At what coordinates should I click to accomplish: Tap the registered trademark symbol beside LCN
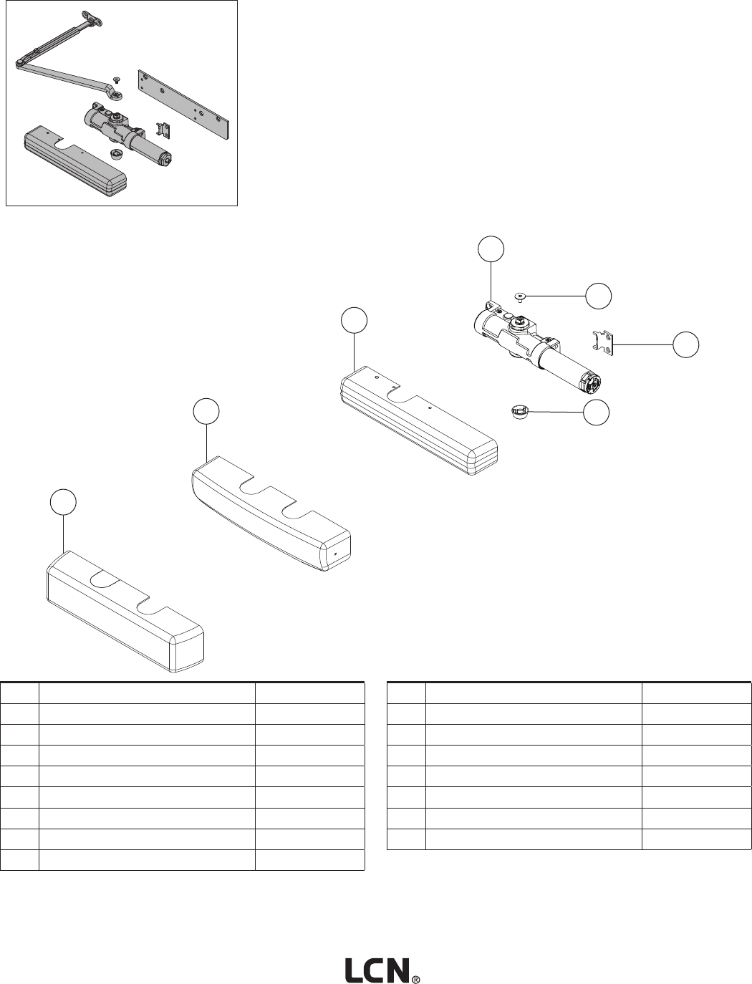click(x=415, y=978)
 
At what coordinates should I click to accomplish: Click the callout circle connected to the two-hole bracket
click(x=686, y=344)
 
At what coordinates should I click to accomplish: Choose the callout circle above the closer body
click(x=491, y=248)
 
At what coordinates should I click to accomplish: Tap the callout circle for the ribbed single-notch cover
click(x=354, y=320)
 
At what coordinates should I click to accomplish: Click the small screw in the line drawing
click(x=521, y=295)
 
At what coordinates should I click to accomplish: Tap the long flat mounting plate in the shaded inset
click(x=185, y=104)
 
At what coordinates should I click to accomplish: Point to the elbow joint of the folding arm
click(x=19, y=63)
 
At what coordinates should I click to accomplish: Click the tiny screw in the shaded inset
click(x=116, y=80)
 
